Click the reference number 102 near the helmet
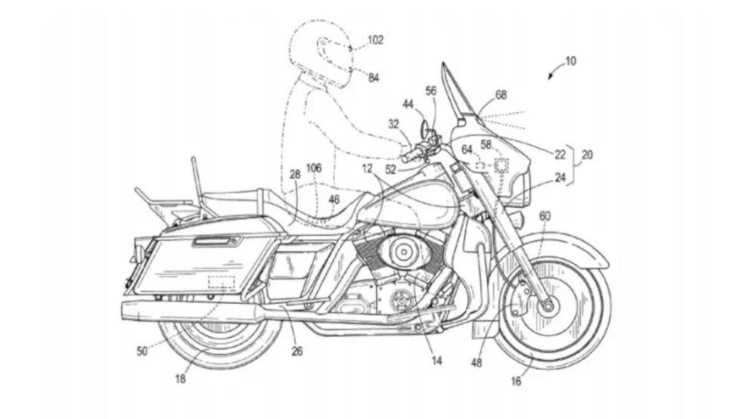pyautogui.click(x=376, y=40)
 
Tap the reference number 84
pyautogui.click(x=374, y=78)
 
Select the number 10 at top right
pyautogui.click(x=570, y=61)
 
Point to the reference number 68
pyautogui.click(x=500, y=96)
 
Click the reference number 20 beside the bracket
pyautogui.click(x=587, y=155)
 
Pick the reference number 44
pyautogui.click(x=407, y=104)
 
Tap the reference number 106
pyautogui.click(x=314, y=168)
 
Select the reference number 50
pyautogui.click(x=142, y=351)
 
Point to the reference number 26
pyautogui.click(x=297, y=351)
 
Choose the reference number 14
pyautogui.click(x=437, y=358)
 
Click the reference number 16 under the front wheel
pyautogui.click(x=517, y=381)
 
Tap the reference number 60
pyautogui.click(x=544, y=216)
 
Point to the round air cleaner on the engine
pyautogui.click(x=403, y=251)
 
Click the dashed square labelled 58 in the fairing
pyautogui.click(x=501, y=166)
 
